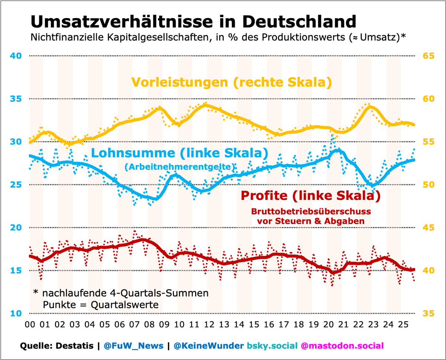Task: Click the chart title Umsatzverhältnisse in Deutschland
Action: click(193, 22)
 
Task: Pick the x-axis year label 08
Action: click(149, 324)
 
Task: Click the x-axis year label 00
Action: click(30, 324)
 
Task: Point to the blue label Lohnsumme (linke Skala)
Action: click(179, 153)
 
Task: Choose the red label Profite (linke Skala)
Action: click(310, 196)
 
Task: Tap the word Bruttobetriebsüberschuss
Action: click(311, 211)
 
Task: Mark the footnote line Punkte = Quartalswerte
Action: click(101, 305)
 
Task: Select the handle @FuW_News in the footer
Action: click(133, 346)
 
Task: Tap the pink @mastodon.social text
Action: click(342, 346)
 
